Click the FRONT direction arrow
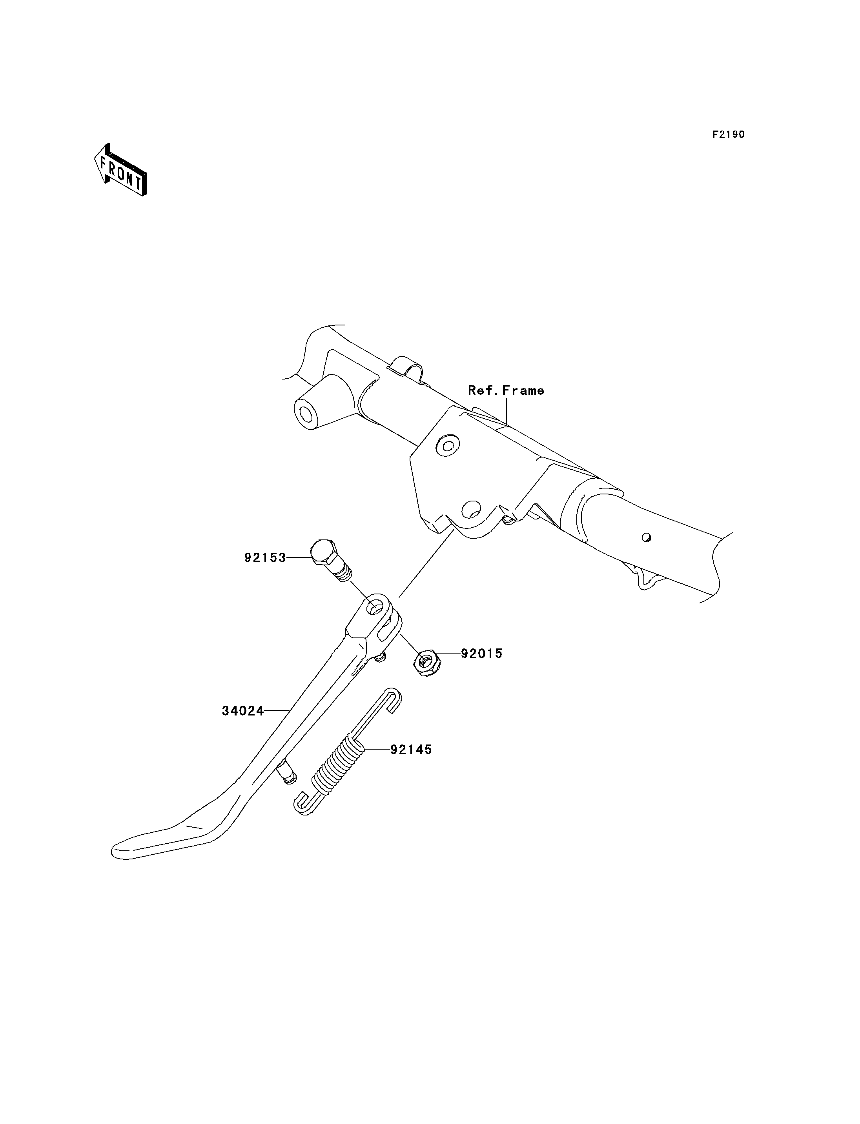[x=121, y=170]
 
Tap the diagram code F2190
[x=729, y=134]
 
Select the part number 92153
[x=265, y=557]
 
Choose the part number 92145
[x=411, y=750]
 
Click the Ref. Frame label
[x=506, y=390]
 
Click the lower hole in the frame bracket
[x=472, y=509]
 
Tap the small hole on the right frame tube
[x=647, y=537]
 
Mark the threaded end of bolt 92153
[x=343, y=572]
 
